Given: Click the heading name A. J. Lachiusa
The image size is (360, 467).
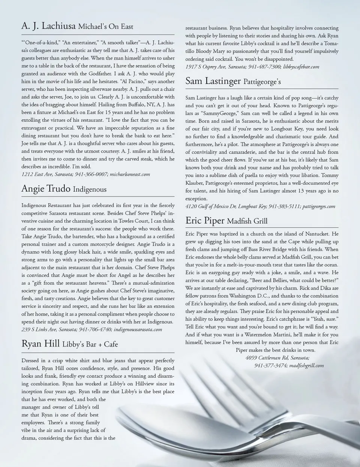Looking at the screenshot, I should [x=48, y=26].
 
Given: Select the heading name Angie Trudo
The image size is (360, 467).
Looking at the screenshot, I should [x=46, y=188].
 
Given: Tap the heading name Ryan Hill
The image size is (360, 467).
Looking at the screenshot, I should [x=40, y=344].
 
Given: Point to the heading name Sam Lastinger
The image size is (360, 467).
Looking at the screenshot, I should [x=213, y=81].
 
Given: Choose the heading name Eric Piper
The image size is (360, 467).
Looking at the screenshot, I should [x=205, y=220].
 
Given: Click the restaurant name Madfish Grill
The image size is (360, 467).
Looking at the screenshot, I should [x=247, y=221].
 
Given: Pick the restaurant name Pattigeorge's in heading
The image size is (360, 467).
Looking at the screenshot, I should [x=262, y=82].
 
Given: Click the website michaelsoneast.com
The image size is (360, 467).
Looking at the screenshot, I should [x=130, y=174].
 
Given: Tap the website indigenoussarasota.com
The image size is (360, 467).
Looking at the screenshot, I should [x=138, y=329].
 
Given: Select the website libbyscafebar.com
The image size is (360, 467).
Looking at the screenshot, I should [x=301, y=67].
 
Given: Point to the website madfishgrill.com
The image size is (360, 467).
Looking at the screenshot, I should [x=306, y=365].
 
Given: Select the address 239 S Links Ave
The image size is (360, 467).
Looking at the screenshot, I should [x=39, y=329].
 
